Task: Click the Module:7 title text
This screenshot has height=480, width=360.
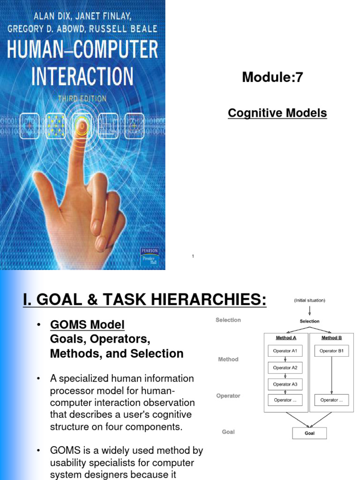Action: pyautogui.click(x=272, y=78)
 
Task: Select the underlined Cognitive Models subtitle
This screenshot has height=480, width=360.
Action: pyautogui.click(x=277, y=113)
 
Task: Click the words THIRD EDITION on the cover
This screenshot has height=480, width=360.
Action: pyautogui.click(x=82, y=99)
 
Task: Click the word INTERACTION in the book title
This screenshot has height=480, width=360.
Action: pyautogui.click(x=82, y=77)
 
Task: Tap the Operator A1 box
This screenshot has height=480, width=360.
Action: pyautogui.click(x=285, y=351)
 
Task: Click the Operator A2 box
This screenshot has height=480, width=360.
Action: pyautogui.click(x=285, y=367)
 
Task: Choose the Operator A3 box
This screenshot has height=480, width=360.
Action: pyautogui.click(x=285, y=384)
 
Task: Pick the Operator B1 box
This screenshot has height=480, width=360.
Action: pyautogui.click(x=331, y=351)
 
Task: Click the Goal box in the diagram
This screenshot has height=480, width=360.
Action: pyautogui.click(x=309, y=433)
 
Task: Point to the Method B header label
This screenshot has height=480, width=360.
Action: pyautogui.click(x=331, y=337)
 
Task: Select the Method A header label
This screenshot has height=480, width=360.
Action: pyautogui.click(x=285, y=337)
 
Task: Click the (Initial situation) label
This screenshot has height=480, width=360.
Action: pyautogui.click(x=309, y=300)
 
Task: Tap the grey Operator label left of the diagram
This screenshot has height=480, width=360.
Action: pyautogui.click(x=228, y=396)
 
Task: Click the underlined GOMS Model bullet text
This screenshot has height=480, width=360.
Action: pyautogui.click(x=87, y=325)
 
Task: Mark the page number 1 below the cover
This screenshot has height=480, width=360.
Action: pyautogui.click(x=193, y=256)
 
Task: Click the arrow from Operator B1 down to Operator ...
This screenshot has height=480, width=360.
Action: pyautogui.click(x=331, y=375)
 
